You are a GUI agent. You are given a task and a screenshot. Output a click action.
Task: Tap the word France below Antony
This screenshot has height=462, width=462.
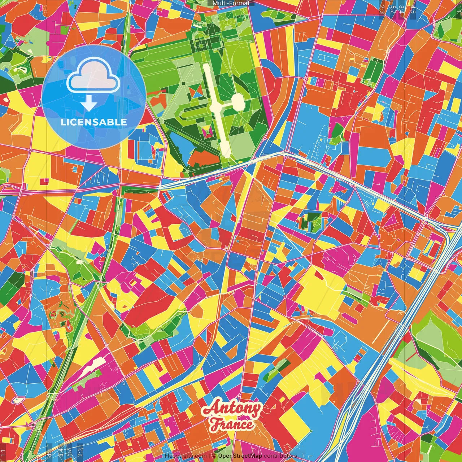(x=232, y=424)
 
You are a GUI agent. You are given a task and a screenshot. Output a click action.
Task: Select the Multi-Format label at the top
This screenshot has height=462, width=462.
(x=231, y=3)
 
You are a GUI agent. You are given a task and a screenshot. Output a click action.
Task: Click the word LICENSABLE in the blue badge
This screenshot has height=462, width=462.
(x=94, y=122)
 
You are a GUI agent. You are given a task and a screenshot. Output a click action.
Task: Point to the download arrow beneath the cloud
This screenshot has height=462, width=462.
(x=89, y=105)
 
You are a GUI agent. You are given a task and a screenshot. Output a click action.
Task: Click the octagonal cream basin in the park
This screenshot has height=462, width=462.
(x=238, y=101)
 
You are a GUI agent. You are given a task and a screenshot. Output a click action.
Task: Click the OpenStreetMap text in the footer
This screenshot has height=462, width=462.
(x=240, y=456)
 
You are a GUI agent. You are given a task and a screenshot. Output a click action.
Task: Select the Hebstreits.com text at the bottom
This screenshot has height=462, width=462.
(x=186, y=456)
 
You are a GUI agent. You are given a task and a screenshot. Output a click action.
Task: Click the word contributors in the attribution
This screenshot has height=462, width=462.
(x=280, y=456)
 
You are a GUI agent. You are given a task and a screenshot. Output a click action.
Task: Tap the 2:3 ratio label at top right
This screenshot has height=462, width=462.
(x=382, y=8)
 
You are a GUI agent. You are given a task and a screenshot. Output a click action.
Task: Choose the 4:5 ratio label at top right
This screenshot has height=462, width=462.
(x=413, y=8)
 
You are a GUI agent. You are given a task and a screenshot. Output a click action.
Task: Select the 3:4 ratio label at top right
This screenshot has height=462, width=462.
(x=401, y=8)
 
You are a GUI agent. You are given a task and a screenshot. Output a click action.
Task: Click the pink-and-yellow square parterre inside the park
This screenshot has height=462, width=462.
(x=207, y=132)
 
